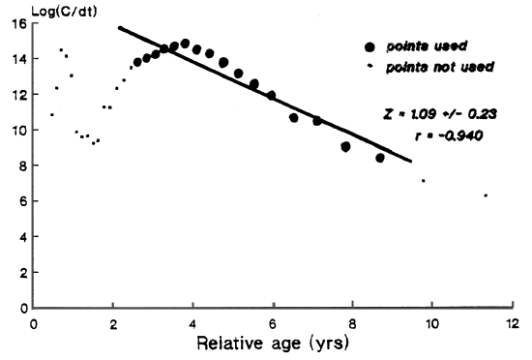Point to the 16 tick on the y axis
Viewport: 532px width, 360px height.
click(x=22, y=25)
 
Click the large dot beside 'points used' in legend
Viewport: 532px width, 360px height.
click(x=369, y=47)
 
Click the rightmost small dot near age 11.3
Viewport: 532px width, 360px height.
click(x=486, y=196)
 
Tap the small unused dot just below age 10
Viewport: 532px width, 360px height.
click(x=423, y=181)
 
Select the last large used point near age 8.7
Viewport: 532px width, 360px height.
click(x=380, y=158)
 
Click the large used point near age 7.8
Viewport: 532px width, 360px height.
click(x=345, y=147)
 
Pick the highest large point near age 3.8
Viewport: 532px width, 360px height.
click(x=185, y=44)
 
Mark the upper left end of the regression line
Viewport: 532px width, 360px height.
click(x=118, y=26)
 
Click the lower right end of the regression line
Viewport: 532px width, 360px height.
click(x=412, y=162)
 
